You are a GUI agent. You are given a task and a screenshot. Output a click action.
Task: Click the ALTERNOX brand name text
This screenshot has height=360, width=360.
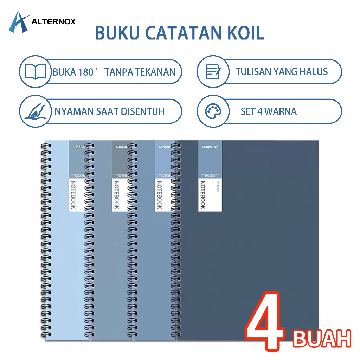[53, 22]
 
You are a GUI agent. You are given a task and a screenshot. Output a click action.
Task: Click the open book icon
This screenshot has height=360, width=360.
[35, 72]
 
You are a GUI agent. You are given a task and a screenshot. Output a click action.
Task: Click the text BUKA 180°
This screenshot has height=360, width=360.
[75, 72]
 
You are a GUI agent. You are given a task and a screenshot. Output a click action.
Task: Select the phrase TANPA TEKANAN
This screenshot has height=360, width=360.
[140, 72]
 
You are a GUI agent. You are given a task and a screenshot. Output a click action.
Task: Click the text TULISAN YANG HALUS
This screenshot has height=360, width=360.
[282, 72]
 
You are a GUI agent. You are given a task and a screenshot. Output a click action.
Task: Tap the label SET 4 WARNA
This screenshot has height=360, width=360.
[269, 112]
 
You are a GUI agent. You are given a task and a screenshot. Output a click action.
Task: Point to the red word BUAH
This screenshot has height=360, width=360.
[322, 338]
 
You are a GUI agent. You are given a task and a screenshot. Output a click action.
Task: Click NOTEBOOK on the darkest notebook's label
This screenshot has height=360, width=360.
[203, 195]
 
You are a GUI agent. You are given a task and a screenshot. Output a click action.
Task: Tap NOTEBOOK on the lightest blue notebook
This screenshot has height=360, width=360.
[73, 195]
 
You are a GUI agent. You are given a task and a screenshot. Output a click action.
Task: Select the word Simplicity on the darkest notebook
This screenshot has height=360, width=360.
[210, 147]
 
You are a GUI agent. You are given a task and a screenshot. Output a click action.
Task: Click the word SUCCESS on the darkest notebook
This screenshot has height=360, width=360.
[210, 176]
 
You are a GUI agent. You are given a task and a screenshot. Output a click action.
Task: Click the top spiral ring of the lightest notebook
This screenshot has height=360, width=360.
[46, 145]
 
